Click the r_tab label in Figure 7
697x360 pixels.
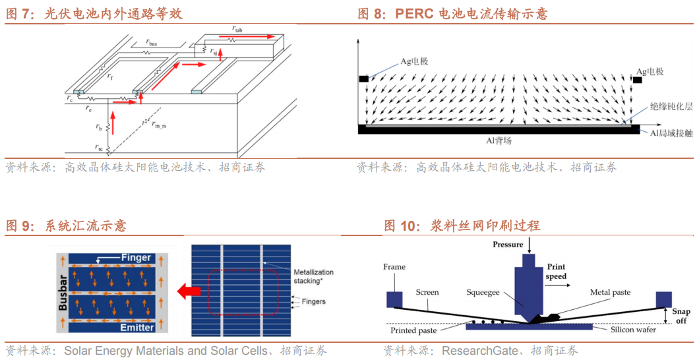pos(237,28)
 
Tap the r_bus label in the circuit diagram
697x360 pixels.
pos(151,43)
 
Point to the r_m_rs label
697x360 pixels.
pos(158,123)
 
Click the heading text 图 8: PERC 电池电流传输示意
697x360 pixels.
pos(452,14)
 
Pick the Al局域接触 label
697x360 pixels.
pos(669,133)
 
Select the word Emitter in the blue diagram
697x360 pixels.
pos(136,328)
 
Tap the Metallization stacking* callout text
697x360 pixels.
pos(313,276)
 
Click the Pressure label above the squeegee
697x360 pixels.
pos(508,245)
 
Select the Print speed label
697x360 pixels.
pos(556,272)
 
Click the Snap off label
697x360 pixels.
pos(681,316)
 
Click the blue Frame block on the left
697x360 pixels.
pos(394,299)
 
